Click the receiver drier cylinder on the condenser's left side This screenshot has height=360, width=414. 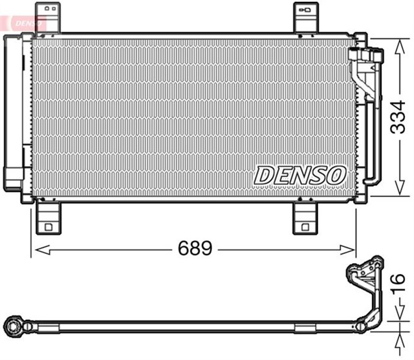(x=12, y=110)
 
